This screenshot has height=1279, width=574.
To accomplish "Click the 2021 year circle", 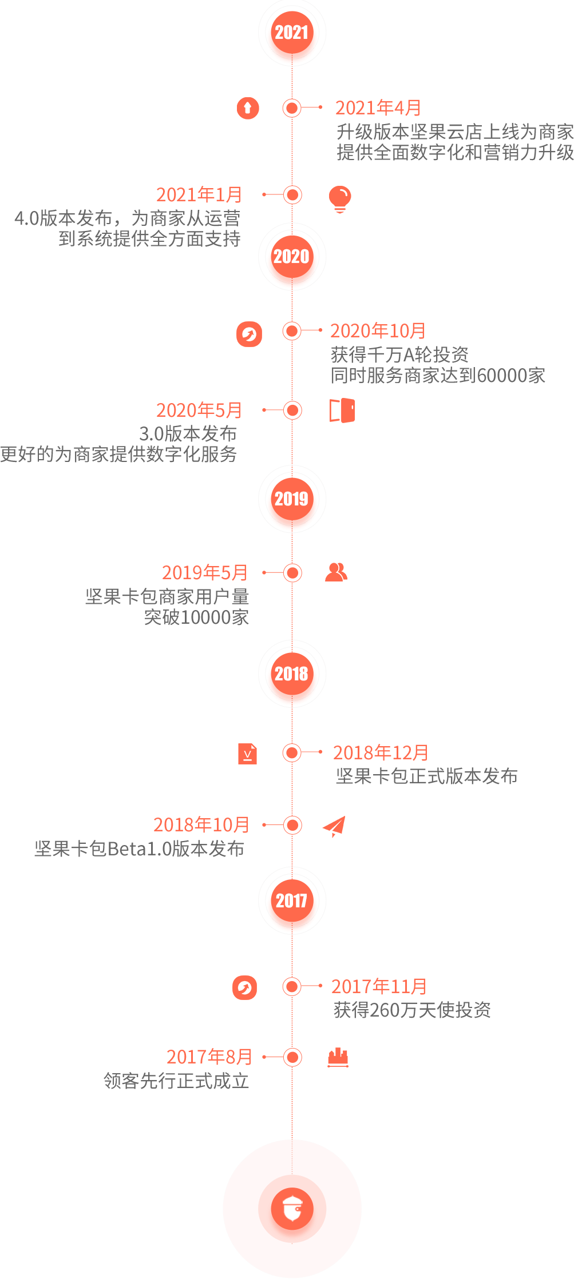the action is coord(292,32).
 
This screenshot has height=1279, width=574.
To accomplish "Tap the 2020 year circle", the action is coord(292,257).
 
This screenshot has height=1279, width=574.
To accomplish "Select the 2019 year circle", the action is coord(292,499).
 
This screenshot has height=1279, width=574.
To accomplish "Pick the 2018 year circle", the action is coord(292,674).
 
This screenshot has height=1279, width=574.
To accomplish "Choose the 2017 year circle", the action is coord(292,901).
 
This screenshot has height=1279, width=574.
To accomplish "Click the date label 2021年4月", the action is coord(378,107).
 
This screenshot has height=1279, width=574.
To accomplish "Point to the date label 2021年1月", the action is coord(199,195).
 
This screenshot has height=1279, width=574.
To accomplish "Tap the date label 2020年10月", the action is coord(378,330).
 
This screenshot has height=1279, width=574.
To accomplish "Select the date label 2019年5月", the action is coord(205,572).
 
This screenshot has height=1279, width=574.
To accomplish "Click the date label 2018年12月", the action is coord(381,752).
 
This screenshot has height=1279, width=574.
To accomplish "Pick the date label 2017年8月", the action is coord(209,1057).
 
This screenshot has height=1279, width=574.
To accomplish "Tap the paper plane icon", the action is coord(334,826).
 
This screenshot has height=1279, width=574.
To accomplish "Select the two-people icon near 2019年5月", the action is coord(336,572).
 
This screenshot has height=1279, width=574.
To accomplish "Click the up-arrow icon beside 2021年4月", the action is coord(248,107).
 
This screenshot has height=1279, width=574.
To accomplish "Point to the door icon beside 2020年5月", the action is coord(342,411).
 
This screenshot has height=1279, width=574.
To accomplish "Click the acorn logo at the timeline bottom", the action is coord(292,1209).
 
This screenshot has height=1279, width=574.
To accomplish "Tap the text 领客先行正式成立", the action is coord(176,1081).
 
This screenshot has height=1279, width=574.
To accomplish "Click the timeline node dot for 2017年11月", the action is coord(292,986).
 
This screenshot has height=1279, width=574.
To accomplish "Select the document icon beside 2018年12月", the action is coord(248,754).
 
